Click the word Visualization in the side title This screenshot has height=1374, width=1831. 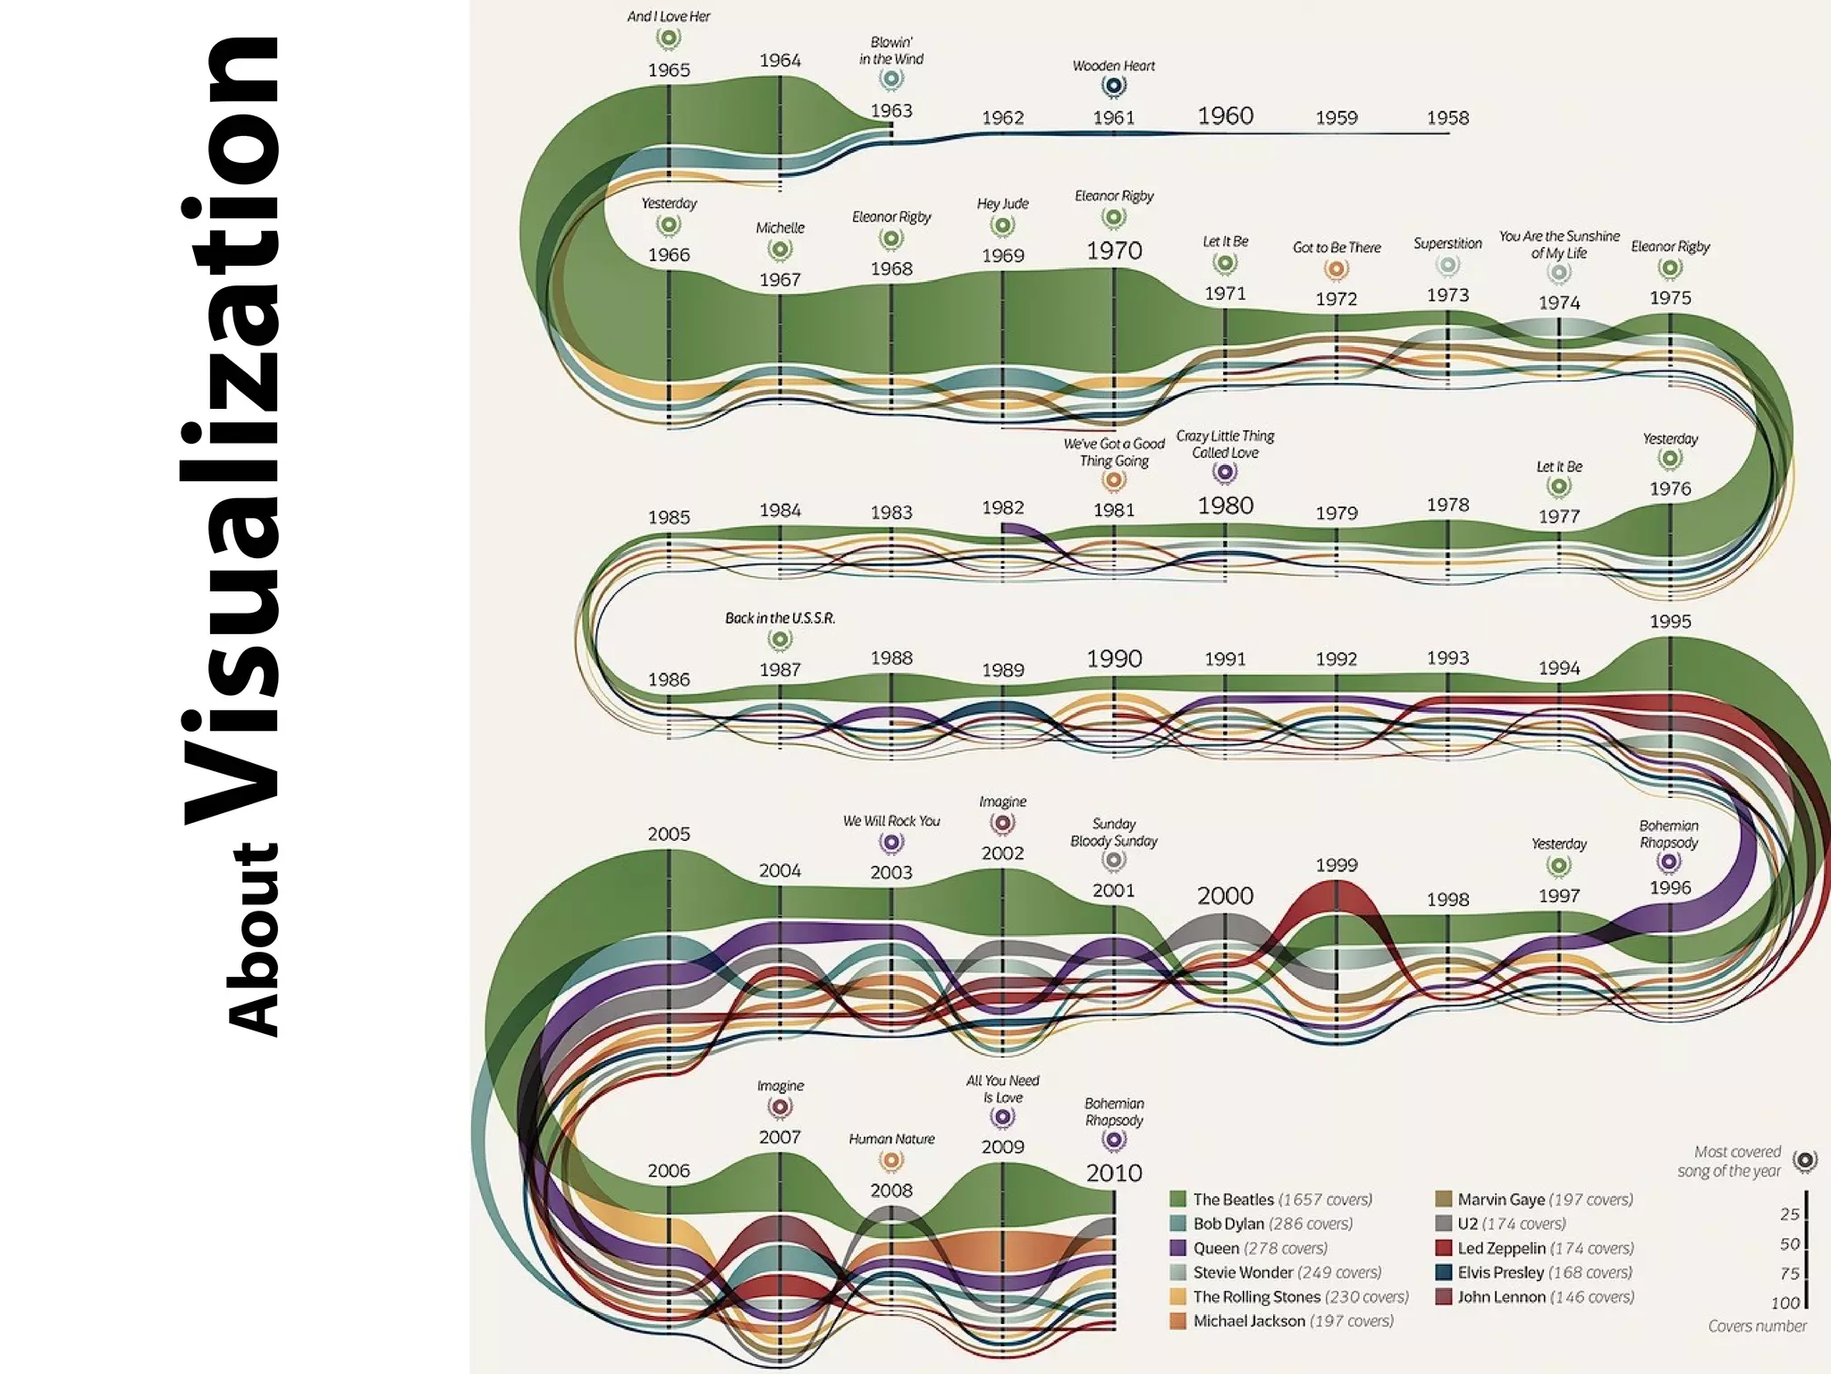point(231,429)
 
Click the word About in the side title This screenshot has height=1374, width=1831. point(253,939)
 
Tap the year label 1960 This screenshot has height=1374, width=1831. point(1225,115)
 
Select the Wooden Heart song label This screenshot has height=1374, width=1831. point(1113,66)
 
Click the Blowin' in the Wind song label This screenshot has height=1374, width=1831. point(891,51)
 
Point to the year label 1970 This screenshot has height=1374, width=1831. point(1114,250)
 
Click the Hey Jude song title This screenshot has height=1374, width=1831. point(1002,204)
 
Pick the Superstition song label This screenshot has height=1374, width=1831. point(1447,243)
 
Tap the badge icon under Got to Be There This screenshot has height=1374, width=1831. point(1337,269)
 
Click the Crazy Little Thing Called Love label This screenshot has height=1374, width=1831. point(1225,444)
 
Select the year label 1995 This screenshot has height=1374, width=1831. point(1670,621)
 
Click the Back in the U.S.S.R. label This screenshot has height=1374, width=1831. point(780,618)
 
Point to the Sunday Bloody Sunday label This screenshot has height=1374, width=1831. point(1114,832)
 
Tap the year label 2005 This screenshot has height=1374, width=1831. point(669,834)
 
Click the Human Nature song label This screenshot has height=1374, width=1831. point(891,1139)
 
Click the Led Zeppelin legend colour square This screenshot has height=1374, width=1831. point(1443,1248)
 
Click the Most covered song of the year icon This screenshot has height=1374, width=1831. point(1805,1161)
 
